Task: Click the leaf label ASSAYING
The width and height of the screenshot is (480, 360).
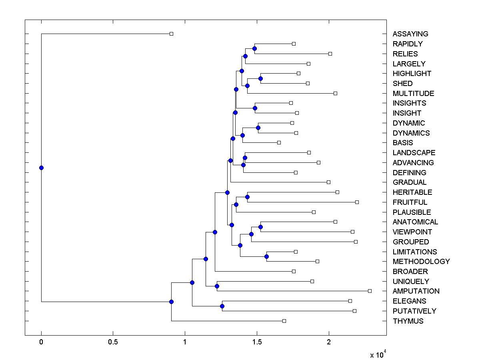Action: click(x=410, y=34)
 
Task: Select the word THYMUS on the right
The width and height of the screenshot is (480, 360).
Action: click(x=408, y=321)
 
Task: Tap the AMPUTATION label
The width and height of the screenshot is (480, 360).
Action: click(x=416, y=291)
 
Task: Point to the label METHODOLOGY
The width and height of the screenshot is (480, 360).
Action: click(x=421, y=262)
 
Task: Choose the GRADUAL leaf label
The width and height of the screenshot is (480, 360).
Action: click(x=410, y=182)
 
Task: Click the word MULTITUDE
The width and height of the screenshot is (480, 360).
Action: click(x=413, y=94)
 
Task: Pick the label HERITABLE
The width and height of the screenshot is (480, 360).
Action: click(x=412, y=192)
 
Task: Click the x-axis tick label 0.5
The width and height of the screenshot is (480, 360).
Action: click(x=113, y=343)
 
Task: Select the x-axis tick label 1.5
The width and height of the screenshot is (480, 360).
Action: click(x=257, y=343)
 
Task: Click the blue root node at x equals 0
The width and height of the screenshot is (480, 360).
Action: click(x=41, y=168)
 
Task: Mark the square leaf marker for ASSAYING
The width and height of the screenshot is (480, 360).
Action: click(x=171, y=34)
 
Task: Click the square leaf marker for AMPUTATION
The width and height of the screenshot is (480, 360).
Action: click(x=370, y=291)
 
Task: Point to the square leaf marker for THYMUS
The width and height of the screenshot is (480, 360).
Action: click(x=284, y=321)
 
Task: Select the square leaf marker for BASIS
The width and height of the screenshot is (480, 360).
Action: click(x=279, y=142)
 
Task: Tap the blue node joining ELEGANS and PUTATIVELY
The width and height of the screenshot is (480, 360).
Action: click(x=222, y=306)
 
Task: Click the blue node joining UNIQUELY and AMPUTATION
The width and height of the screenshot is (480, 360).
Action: click(x=217, y=286)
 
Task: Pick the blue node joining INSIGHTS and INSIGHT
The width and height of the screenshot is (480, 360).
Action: click(x=255, y=108)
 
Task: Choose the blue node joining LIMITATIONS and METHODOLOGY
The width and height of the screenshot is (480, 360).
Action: click(x=266, y=256)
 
